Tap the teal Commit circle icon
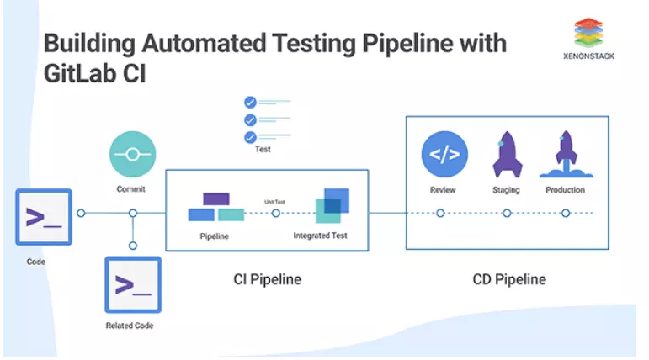132,155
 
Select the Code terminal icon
44,217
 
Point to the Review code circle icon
444,154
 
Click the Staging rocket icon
506,154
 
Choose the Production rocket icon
565,154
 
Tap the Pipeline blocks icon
215,207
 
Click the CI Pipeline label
267,278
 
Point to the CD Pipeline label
508,278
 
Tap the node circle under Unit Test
276,214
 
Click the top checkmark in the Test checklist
249,103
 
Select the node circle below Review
440,214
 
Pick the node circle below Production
565,214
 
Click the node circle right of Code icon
81,214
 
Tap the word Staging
506,190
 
